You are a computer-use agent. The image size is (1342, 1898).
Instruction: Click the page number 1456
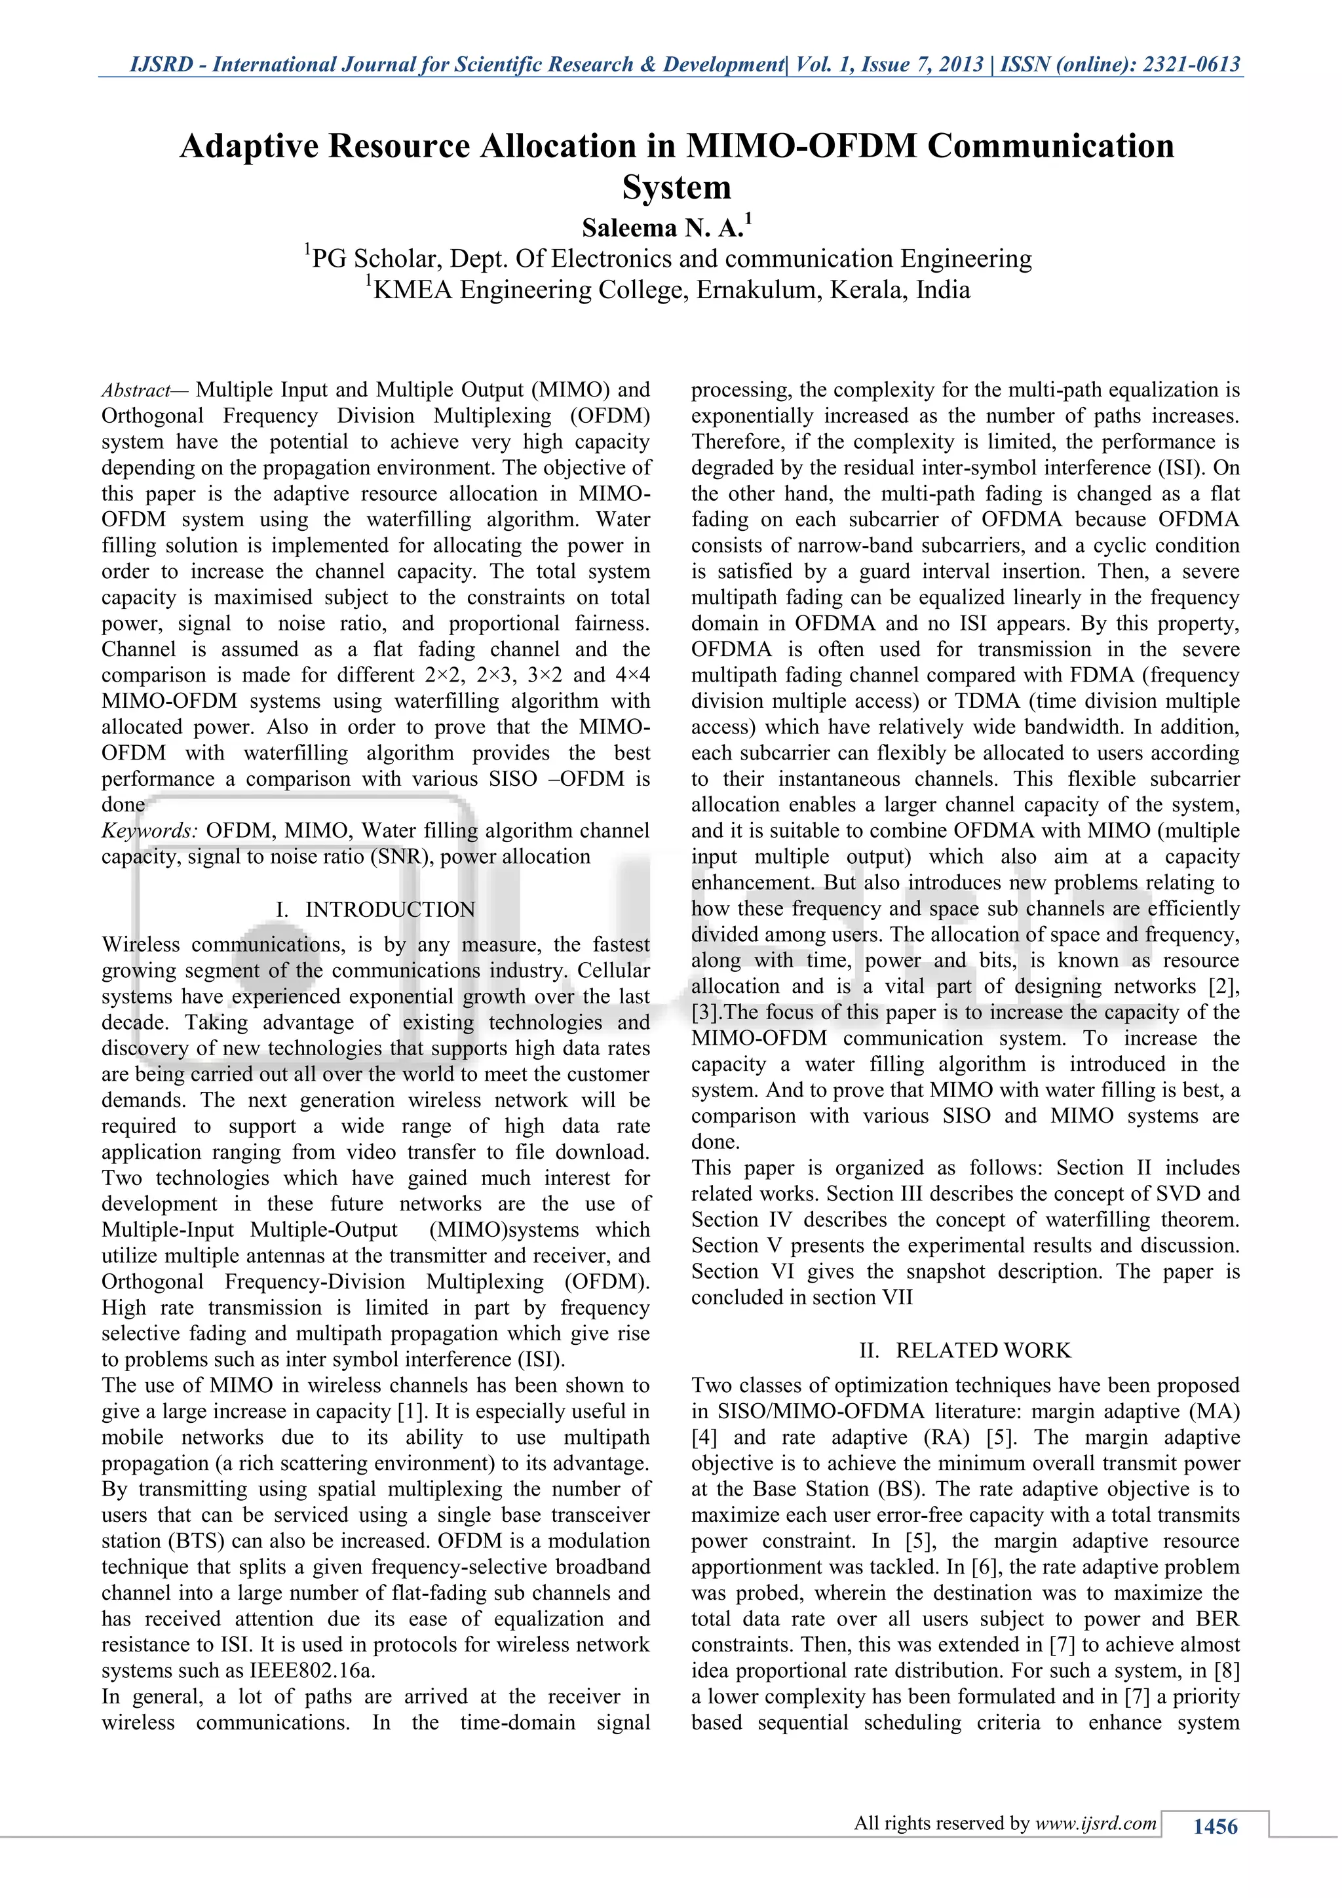(x=1215, y=1825)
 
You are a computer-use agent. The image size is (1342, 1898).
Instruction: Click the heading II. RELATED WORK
(x=965, y=1350)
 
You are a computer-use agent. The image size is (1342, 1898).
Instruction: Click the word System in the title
(x=676, y=187)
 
